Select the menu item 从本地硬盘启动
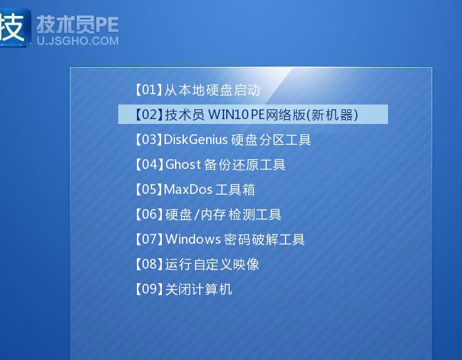(197, 90)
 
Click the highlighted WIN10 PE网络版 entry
(252, 115)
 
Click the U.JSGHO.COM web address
(77, 41)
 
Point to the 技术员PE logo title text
(77, 24)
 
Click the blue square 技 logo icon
(14, 26)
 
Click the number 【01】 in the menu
(147, 90)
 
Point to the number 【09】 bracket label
(147, 289)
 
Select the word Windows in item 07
(193, 240)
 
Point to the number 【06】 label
(147, 215)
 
